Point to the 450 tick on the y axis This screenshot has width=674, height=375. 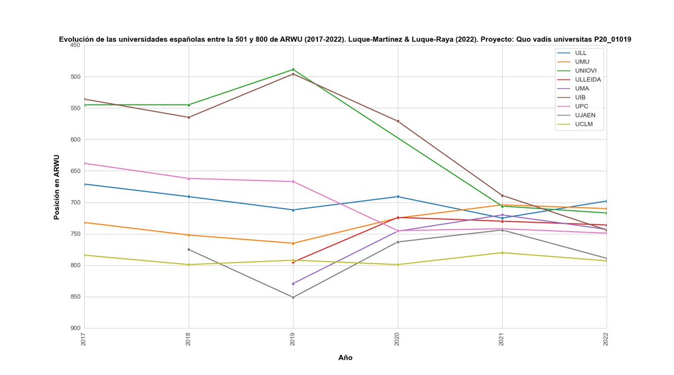coord(75,45)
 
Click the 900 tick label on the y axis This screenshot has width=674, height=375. coord(75,328)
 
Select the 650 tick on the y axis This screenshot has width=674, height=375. coord(75,171)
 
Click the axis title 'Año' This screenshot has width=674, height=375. coord(345,358)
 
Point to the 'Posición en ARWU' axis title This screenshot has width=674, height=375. coord(57,187)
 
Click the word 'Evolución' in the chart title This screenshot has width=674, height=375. coord(78,39)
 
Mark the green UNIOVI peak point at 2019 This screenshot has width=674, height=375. coord(293,70)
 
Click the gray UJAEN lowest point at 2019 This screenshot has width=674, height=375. coord(293,297)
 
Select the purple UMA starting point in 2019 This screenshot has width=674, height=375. coord(293,283)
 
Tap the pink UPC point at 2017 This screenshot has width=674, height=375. coord(84,163)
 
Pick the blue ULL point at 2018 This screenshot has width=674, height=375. coord(189,196)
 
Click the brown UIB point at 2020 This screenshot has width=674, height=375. coord(398,121)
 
